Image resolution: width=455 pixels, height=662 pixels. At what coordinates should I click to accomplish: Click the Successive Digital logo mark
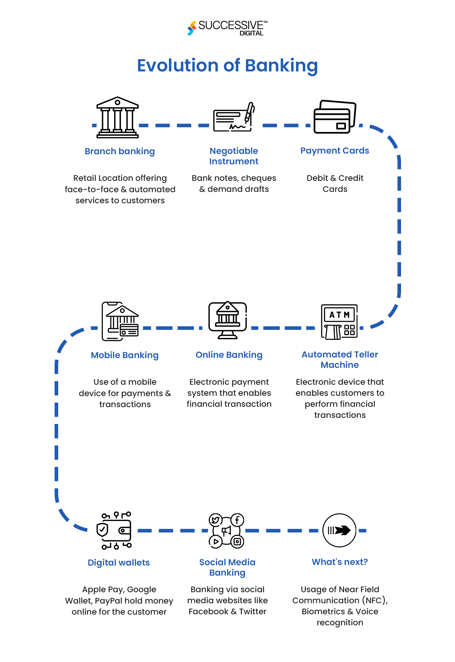[192, 28]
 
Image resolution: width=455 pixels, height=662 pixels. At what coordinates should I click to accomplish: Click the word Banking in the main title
[281, 66]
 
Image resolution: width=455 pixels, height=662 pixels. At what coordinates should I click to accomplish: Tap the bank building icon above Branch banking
[118, 118]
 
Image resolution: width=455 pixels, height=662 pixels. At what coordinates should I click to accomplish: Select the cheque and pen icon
[233, 118]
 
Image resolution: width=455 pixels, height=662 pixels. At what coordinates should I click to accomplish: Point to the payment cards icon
[335, 117]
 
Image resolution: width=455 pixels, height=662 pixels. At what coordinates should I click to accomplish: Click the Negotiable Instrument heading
[234, 156]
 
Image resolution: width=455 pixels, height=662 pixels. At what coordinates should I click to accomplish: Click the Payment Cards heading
[334, 151]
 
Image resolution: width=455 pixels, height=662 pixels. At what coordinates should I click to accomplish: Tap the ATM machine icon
[339, 322]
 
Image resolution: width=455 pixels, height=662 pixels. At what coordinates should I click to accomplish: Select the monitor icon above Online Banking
[227, 320]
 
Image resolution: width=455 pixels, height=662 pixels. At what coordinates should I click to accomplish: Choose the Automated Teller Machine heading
[340, 360]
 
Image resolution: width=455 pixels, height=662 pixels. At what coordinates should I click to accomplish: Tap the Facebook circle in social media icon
[237, 520]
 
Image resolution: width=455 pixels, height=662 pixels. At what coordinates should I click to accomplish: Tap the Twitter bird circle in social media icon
[215, 520]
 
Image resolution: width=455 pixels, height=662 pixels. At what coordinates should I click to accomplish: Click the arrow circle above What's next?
[339, 530]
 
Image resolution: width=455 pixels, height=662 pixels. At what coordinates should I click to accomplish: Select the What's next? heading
[340, 562]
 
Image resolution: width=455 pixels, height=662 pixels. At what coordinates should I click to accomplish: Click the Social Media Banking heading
[227, 568]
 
